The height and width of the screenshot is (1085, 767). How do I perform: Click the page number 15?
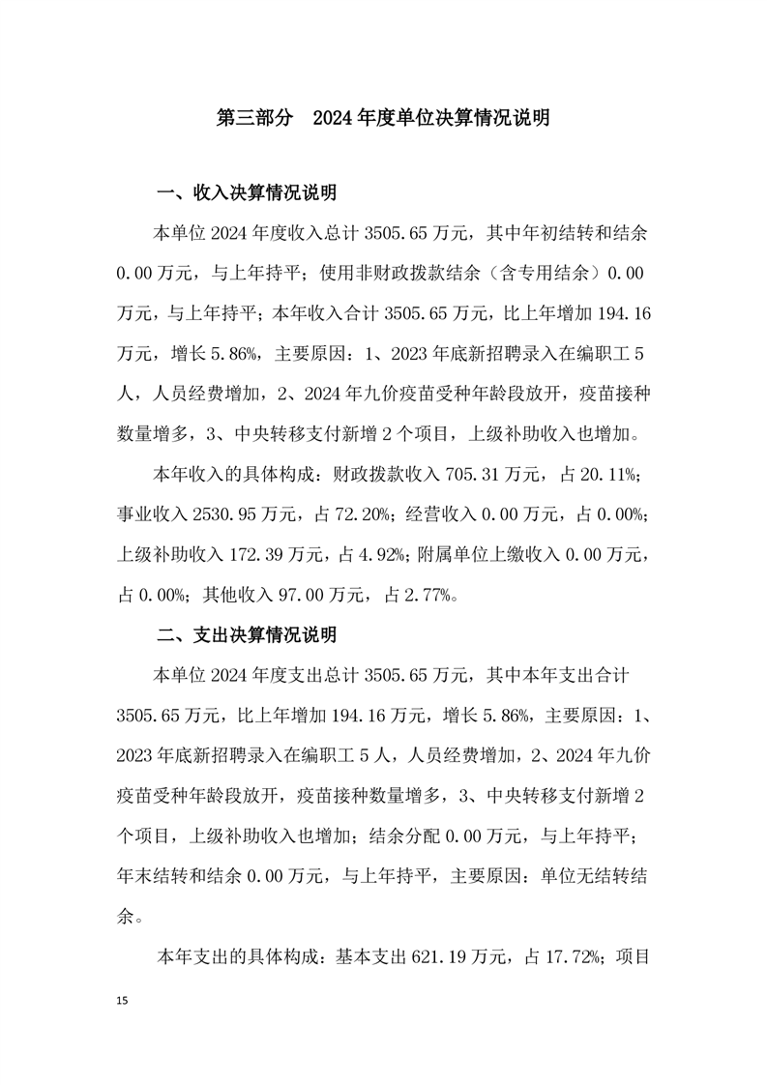(x=121, y=997)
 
